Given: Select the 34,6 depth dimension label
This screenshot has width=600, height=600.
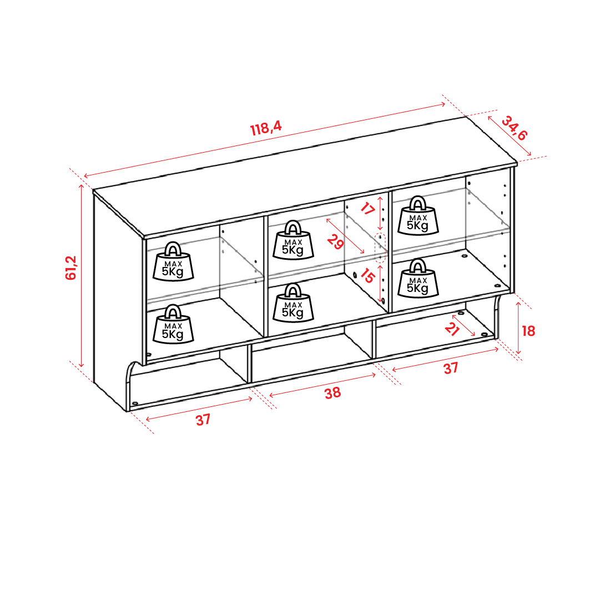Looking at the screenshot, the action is point(515,128).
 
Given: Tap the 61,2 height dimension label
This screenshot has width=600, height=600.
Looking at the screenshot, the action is point(71,268).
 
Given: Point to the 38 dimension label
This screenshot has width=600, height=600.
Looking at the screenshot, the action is point(332,393).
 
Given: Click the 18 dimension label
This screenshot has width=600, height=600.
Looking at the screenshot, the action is point(528,331).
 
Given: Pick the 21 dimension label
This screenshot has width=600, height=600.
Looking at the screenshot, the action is point(452,329).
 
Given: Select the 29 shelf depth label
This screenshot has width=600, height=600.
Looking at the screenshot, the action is point(336,242).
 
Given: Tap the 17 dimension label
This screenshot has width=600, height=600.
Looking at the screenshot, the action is point(367,209).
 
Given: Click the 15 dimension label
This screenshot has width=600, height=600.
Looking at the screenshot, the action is point(367,275).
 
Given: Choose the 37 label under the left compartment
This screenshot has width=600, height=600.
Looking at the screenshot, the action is point(203,420).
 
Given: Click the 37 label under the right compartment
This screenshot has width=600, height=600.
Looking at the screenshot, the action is point(450,368).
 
